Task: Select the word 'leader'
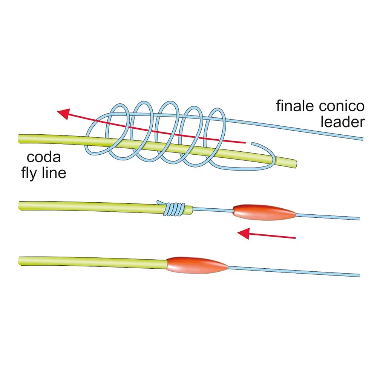[343, 122]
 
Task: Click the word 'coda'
[43, 157]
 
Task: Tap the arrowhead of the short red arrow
[243, 233]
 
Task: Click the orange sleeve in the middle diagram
[264, 212]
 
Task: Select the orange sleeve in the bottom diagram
[197, 265]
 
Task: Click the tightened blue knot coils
[175, 209]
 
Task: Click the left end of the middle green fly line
[19, 205]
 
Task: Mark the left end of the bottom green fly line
[19, 261]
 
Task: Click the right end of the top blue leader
[363, 139]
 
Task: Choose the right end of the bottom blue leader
[360, 275]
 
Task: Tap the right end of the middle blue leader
[360, 219]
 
